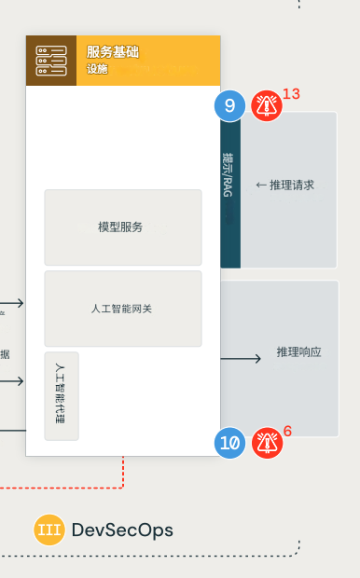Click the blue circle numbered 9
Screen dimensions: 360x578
click(229, 105)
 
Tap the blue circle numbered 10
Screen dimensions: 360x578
click(229, 442)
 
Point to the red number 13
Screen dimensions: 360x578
click(291, 94)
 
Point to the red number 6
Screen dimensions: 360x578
click(287, 431)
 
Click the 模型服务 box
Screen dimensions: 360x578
click(122, 227)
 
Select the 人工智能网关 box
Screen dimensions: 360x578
click(122, 309)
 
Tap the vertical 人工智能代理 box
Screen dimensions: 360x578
click(61, 395)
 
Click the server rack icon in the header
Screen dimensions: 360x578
click(51, 61)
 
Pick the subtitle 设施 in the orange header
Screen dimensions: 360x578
click(97, 69)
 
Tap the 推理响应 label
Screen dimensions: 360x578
click(298, 352)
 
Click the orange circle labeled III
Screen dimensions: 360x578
click(48, 530)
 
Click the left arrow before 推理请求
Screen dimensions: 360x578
click(261, 186)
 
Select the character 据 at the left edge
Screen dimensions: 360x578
click(5, 354)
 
